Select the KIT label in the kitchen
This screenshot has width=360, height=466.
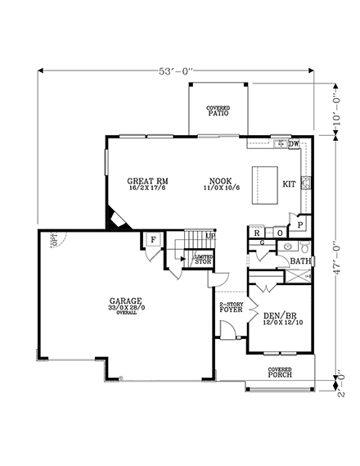(x=289, y=184)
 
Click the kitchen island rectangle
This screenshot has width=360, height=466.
(x=262, y=179)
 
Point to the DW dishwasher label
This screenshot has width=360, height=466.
(x=293, y=144)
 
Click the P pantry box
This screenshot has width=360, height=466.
(x=300, y=224)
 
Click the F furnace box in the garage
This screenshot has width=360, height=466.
(x=152, y=240)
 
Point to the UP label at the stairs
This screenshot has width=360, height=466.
(x=210, y=236)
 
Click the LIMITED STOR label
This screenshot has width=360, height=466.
(x=201, y=260)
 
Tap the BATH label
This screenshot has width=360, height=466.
(x=300, y=262)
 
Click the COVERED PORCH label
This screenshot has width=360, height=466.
(x=280, y=373)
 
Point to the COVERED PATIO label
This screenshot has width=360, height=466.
(x=217, y=111)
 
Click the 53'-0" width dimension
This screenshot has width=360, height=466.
(x=178, y=72)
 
